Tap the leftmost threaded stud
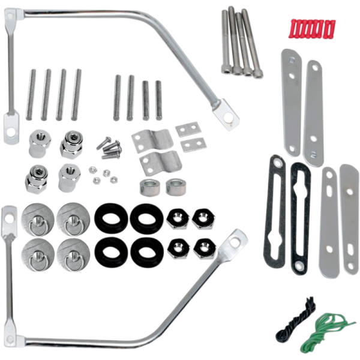tap(31, 94)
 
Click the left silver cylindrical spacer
tap(149, 186)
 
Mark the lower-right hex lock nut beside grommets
tap(205, 247)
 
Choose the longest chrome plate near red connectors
tap(313, 114)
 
